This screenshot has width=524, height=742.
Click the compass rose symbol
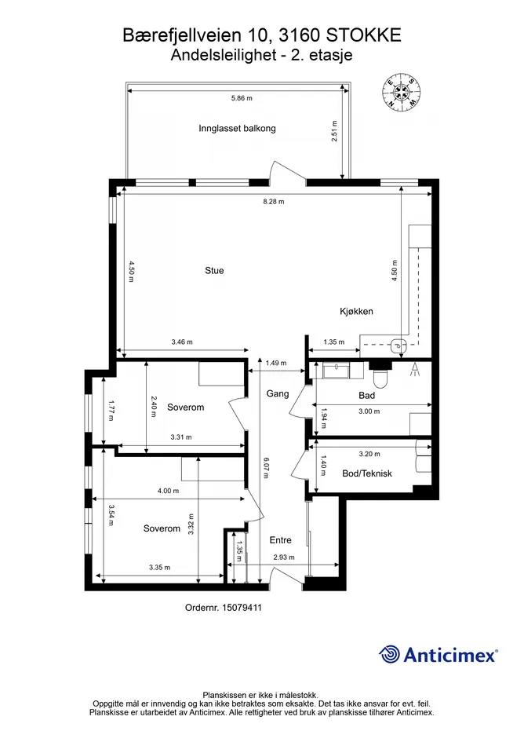(x=402, y=93)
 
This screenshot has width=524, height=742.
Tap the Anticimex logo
(x=438, y=655)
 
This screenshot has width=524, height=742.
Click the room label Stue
(x=214, y=271)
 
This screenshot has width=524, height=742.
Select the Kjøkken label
(x=357, y=312)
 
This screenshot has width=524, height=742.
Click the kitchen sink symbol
(x=399, y=345)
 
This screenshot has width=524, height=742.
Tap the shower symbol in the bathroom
(x=415, y=369)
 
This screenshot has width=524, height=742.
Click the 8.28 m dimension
(x=274, y=202)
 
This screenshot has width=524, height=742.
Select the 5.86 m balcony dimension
(x=242, y=98)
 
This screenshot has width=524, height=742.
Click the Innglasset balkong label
(x=237, y=128)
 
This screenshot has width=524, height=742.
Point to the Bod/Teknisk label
(x=367, y=473)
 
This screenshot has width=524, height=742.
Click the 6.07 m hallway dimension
(x=266, y=467)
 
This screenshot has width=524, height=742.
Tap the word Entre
(x=281, y=540)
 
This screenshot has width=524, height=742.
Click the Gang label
(x=278, y=393)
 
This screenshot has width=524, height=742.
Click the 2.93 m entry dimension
(x=284, y=557)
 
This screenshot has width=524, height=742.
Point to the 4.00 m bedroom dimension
(x=169, y=491)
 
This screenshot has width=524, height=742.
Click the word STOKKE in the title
(x=364, y=35)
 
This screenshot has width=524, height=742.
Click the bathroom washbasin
(x=337, y=370)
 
